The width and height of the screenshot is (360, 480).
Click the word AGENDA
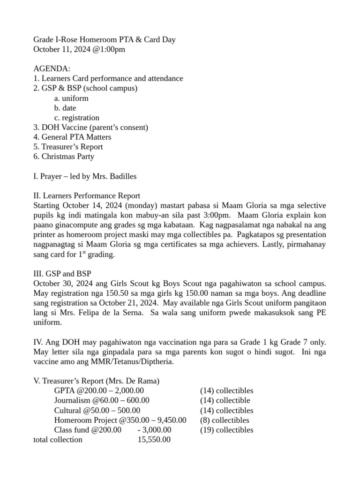(52, 69)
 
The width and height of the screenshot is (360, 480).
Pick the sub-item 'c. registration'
(76, 118)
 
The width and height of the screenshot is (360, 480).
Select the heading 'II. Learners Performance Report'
(87, 196)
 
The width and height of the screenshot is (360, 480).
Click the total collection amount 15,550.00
(154, 440)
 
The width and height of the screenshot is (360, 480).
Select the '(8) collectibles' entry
(225, 420)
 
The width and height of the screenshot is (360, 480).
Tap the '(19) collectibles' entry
(226, 430)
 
